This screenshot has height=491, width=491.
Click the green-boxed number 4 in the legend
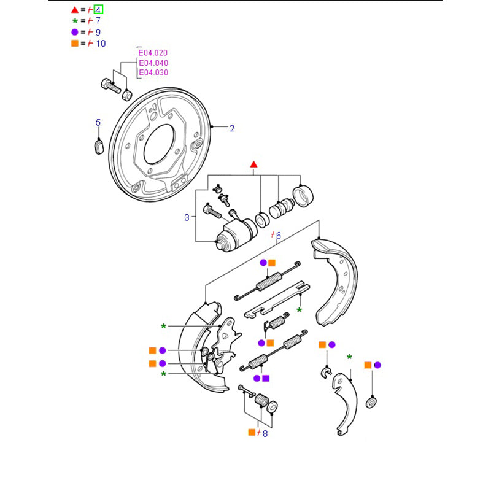click(x=98, y=9)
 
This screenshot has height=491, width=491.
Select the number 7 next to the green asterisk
click(x=98, y=21)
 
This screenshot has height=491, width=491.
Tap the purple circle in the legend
click(x=74, y=32)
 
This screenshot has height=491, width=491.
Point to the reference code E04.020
click(x=153, y=53)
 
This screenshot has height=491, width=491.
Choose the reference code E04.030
click(x=153, y=72)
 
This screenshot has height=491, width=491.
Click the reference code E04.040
click(x=153, y=63)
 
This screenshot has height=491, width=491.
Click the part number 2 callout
click(x=232, y=128)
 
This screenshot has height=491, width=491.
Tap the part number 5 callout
click(x=98, y=123)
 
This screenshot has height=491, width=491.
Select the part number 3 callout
click(x=187, y=217)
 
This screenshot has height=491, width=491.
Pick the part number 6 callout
click(x=277, y=236)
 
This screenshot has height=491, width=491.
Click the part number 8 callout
click(x=265, y=433)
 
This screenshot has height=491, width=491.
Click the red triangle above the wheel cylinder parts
click(x=254, y=165)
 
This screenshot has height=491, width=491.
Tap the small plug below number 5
click(x=98, y=146)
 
